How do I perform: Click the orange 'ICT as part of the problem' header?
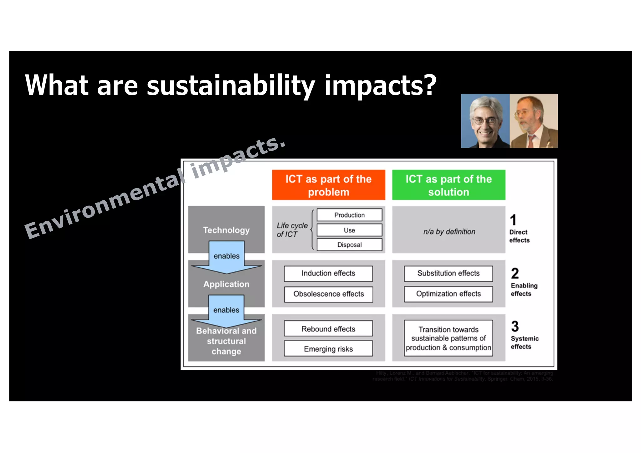click(x=328, y=185)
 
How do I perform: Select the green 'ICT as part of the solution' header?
click(x=449, y=185)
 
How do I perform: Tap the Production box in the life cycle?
click(x=349, y=215)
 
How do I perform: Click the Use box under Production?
click(x=349, y=230)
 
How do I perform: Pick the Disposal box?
click(x=349, y=245)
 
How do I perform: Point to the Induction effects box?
click(x=328, y=273)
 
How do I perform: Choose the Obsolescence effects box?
click(x=328, y=294)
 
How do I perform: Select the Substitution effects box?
click(x=448, y=273)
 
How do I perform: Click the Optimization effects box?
click(x=448, y=294)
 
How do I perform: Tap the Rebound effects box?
click(x=328, y=329)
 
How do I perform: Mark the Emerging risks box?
click(x=328, y=349)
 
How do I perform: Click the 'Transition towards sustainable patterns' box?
click(x=448, y=338)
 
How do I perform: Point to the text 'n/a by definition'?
click(x=449, y=232)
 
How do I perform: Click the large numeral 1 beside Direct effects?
click(x=513, y=220)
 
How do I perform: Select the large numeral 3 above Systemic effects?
click(x=515, y=326)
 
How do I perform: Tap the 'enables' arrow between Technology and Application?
click(x=226, y=256)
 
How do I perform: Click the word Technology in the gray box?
click(x=226, y=230)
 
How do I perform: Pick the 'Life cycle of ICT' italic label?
click(x=292, y=230)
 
